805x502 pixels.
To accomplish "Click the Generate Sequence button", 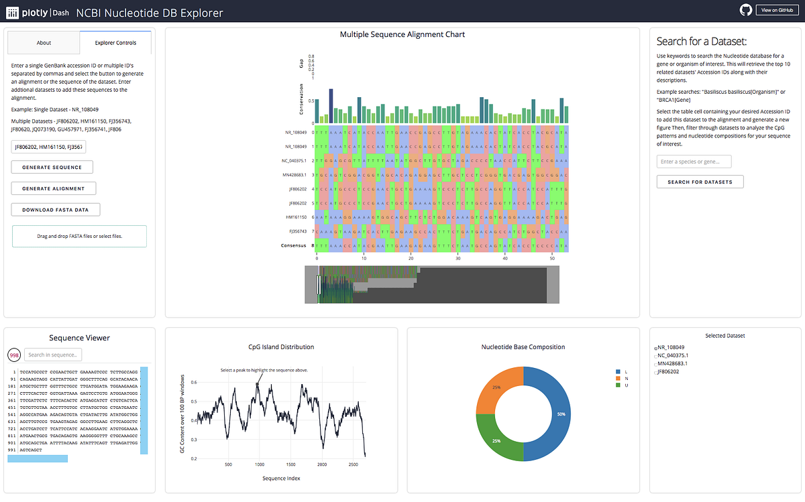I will [x=52, y=167].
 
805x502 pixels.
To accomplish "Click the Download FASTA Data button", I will [x=55, y=210].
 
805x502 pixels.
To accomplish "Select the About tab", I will [x=44, y=43].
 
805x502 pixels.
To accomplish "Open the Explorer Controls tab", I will [x=115, y=43].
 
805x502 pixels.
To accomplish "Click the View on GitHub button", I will [x=775, y=10].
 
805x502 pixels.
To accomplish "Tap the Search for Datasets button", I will [x=700, y=182].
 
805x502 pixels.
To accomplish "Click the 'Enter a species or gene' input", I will [x=693, y=162].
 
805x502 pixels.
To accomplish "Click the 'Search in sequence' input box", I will [x=53, y=355].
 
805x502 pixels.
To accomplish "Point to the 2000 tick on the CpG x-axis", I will [x=322, y=464].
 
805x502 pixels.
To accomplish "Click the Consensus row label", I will [x=292, y=245].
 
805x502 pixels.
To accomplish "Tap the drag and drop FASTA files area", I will [x=79, y=236].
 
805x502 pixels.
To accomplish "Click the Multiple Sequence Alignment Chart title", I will [x=402, y=34].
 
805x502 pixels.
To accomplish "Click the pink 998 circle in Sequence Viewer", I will [x=14, y=355].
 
